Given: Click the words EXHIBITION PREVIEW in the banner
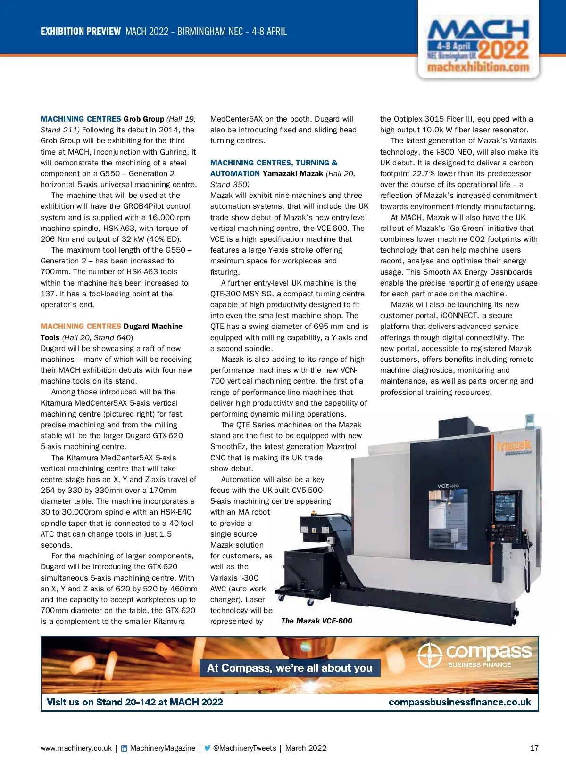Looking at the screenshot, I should tap(81, 32).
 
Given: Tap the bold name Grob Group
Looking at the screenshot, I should tap(144, 119).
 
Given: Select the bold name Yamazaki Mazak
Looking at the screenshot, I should tap(293, 173).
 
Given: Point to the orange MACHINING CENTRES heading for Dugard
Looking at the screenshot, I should tap(81, 326).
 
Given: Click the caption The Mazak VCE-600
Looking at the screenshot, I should tap(316, 621).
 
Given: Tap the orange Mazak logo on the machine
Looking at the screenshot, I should tap(514, 446).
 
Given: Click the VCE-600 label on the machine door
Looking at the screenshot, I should tap(448, 486).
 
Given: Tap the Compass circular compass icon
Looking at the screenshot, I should tap(429, 655).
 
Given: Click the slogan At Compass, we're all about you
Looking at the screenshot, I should tap(290, 668).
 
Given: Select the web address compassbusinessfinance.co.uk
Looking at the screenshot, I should tap(460, 702).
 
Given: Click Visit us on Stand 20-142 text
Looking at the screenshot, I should tap(134, 702).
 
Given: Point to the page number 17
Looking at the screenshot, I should tap(534, 748).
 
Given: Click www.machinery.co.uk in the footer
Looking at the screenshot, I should tap(76, 748).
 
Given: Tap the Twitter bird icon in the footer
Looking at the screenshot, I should tap(207, 748).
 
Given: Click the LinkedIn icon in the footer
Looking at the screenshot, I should tap(124, 748).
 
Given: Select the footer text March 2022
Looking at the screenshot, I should tap(306, 748).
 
